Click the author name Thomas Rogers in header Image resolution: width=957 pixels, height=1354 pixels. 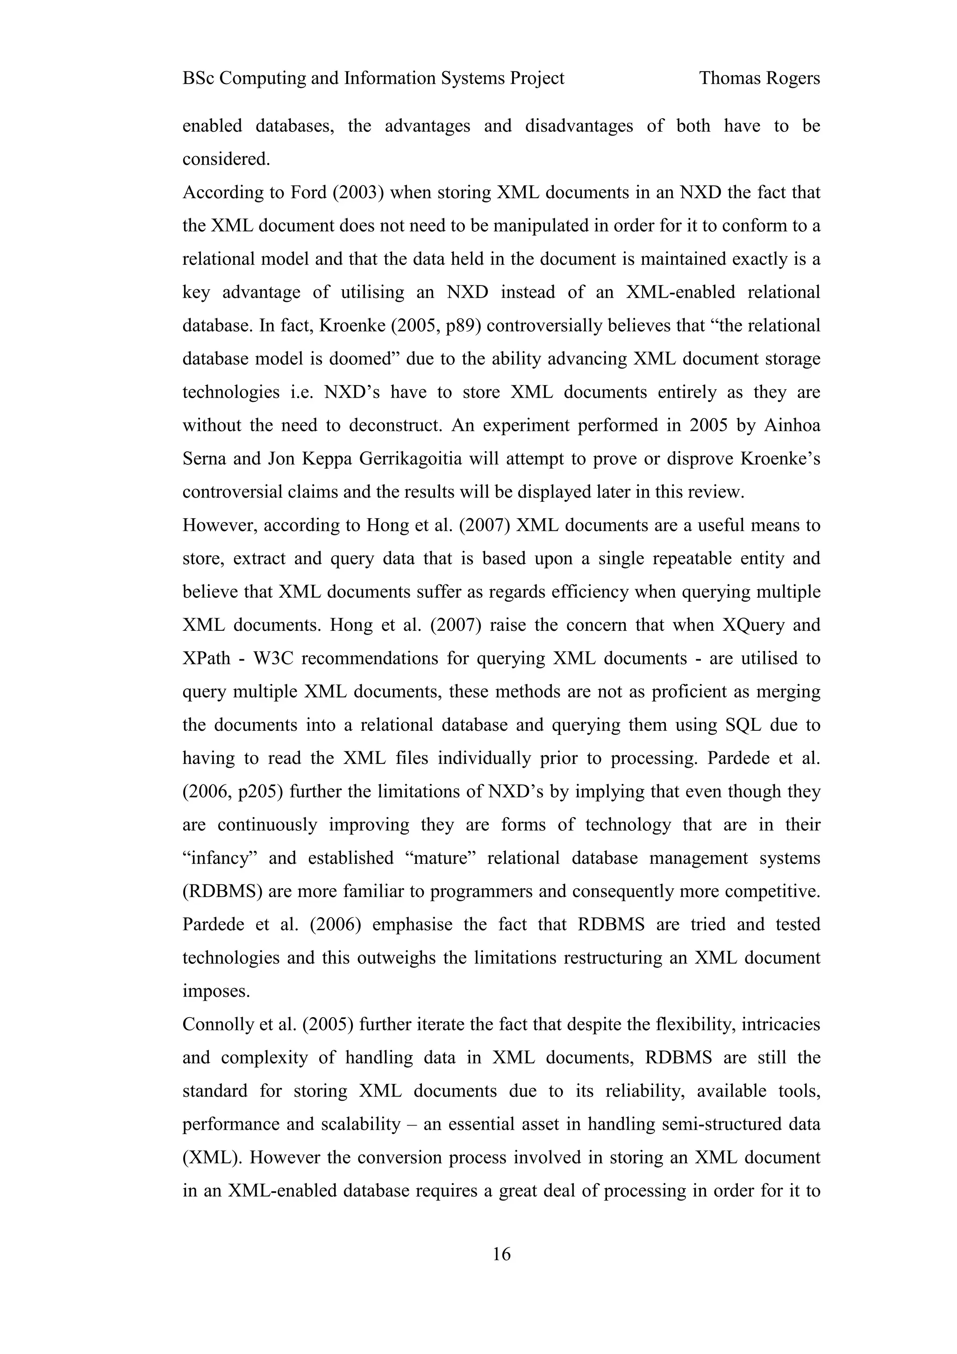click(759, 78)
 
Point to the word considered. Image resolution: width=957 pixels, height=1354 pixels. click(226, 159)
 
